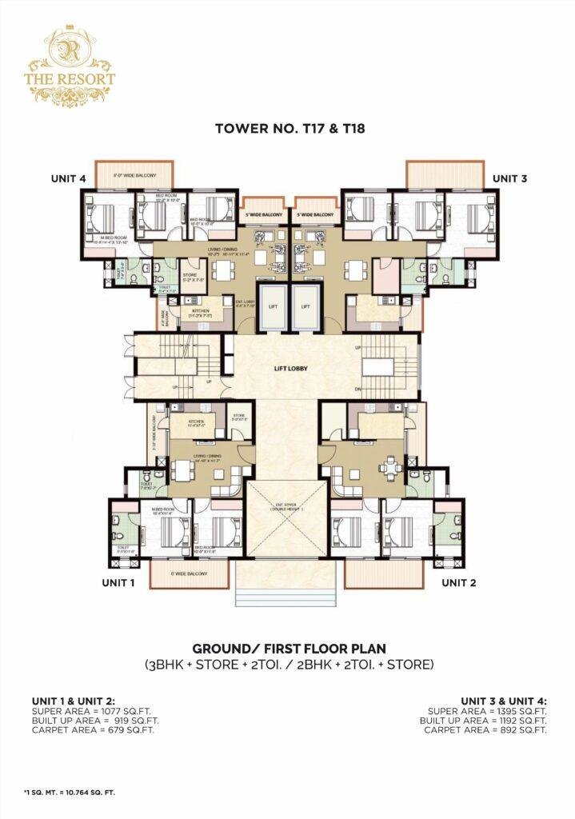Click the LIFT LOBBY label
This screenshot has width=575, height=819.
(288, 371)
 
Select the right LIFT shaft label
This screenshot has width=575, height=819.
(305, 306)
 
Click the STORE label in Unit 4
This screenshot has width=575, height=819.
(190, 274)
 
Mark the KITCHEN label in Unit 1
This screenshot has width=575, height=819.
(195, 421)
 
